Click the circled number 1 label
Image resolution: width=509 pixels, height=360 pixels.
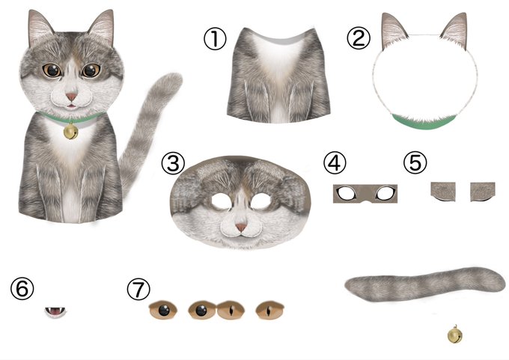click(215, 39)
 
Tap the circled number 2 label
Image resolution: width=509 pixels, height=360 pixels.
click(359, 38)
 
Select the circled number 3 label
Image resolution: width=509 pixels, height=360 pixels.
click(173, 163)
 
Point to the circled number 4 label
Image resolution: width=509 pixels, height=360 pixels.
click(335, 163)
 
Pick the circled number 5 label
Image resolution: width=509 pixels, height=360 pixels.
click(415, 162)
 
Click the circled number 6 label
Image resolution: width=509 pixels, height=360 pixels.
click(22, 288)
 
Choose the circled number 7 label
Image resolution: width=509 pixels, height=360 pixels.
click(138, 289)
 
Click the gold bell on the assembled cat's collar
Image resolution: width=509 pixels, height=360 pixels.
click(70, 132)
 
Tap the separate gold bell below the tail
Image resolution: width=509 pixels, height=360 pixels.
click(455, 335)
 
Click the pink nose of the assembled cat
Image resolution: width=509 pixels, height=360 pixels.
click(71, 97)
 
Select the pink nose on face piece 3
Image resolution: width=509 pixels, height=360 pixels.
click(241, 228)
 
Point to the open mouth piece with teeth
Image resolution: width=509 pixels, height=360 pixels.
click(55, 312)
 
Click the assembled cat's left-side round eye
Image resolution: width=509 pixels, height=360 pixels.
click(52, 70)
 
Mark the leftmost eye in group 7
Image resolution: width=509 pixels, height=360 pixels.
click(163, 310)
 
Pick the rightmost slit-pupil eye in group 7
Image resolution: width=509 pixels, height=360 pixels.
click(269, 311)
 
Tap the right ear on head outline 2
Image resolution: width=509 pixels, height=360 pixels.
click(455, 31)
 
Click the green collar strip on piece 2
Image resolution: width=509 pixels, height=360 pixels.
click(424, 123)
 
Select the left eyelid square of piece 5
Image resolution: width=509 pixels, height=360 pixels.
click(443, 192)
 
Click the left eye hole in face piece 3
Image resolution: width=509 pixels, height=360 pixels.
click(222, 201)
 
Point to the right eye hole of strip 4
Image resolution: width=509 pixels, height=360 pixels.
click(385, 193)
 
